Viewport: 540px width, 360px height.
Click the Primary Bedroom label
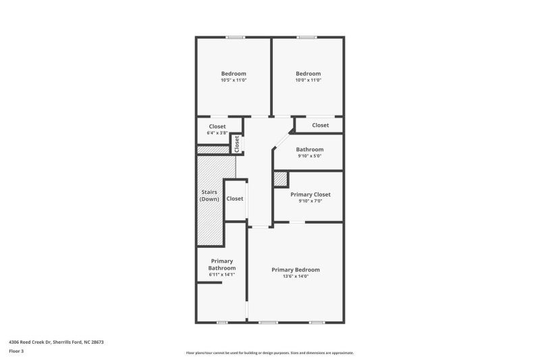295,269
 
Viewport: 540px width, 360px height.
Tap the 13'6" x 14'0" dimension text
295,276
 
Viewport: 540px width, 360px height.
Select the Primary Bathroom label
221,264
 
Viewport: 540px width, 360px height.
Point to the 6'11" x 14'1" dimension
221,274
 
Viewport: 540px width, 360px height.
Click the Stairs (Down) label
209,196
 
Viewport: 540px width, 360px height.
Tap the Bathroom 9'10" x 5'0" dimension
310,156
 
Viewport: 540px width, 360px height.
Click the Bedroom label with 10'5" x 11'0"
234,74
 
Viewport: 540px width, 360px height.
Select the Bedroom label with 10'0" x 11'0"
308,74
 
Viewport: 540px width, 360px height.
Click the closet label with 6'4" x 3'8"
217,126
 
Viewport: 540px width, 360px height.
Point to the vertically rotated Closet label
237,143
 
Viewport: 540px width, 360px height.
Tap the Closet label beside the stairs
235,199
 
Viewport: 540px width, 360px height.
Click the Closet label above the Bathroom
320,125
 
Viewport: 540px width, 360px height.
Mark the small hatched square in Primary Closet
281,178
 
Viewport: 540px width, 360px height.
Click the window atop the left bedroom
235,37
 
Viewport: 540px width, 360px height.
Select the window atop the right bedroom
307,37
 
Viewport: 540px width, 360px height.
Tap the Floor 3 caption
16,351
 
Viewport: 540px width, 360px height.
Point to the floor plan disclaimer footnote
269,353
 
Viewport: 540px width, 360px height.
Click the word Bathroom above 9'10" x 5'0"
310,149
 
